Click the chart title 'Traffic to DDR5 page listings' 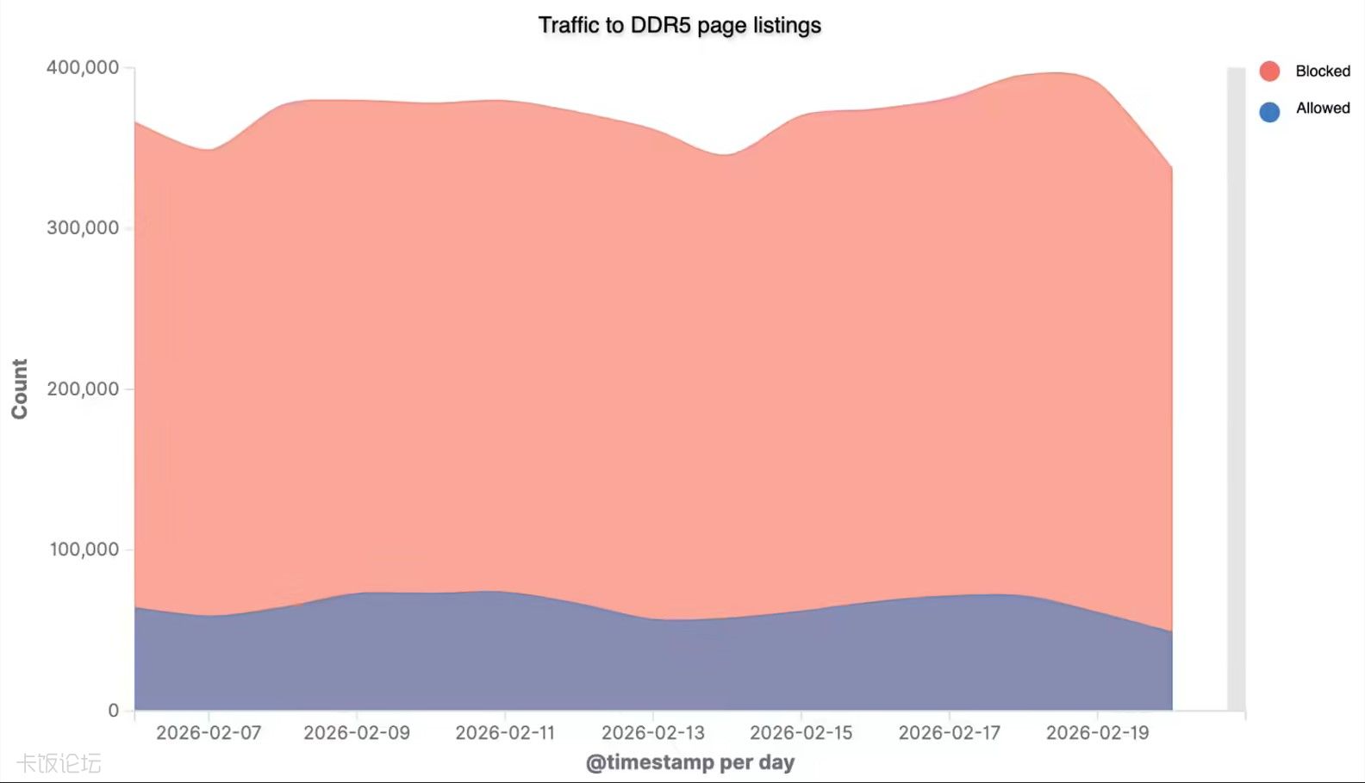(x=679, y=25)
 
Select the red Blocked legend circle (x=1268, y=71)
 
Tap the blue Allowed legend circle (x=1268, y=111)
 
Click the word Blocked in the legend (x=1322, y=71)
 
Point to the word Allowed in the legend (x=1322, y=109)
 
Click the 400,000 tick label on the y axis (x=83, y=67)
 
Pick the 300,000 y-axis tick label (x=83, y=228)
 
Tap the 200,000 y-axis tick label (x=83, y=389)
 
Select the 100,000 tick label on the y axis (x=84, y=550)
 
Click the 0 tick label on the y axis (x=114, y=711)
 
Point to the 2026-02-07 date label (x=209, y=733)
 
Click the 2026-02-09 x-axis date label (x=357, y=733)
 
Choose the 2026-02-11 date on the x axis (x=505, y=733)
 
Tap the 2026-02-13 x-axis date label (x=653, y=733)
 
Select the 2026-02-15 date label (x=801, y=733)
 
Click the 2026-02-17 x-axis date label (x=950, y=733)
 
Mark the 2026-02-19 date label (x=1098, y=733)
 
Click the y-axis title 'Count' (x=19, y=389)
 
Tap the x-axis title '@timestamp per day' (x=690, y=762)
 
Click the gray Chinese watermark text (x=59, y=763)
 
